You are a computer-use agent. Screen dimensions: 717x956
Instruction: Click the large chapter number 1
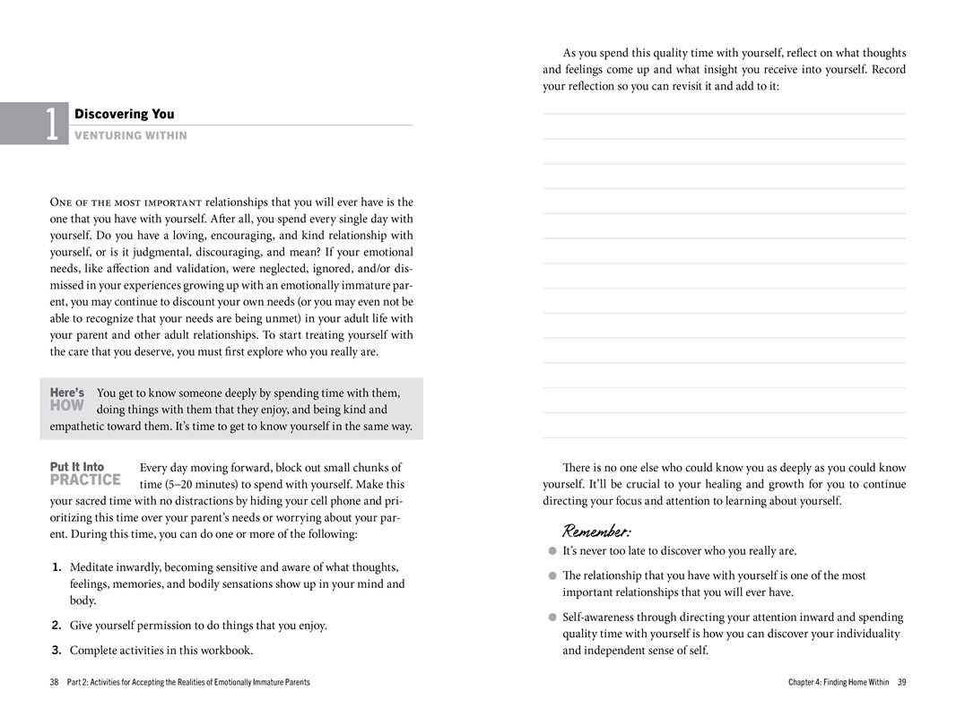[54, 124]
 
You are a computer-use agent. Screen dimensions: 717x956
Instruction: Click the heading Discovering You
[124, 114]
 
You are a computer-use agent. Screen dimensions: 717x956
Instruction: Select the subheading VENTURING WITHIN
[131, 135]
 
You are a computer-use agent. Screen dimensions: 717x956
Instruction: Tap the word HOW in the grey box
[67, 405]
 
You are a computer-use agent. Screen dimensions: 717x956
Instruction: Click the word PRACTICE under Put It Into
[85, 479]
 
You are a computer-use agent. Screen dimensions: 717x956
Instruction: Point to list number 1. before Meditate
[56, 567]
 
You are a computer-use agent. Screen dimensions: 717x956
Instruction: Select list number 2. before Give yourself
[56, 626]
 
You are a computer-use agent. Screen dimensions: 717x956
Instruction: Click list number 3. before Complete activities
[56, 651]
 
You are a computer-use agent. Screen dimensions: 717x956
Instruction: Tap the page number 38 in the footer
[55, 682]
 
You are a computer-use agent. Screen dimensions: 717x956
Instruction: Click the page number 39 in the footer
[901, 682]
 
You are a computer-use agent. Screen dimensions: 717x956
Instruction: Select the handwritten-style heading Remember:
[596, 531]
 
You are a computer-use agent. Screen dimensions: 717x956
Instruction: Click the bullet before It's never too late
[552, 551]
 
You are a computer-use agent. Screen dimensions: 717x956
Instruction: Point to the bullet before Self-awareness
[552, 618]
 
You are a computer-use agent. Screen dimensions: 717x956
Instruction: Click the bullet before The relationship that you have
[552, 576]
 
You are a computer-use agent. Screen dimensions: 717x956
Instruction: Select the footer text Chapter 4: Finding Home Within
[839, 682]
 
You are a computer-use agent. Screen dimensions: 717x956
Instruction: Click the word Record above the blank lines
[887, 70]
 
